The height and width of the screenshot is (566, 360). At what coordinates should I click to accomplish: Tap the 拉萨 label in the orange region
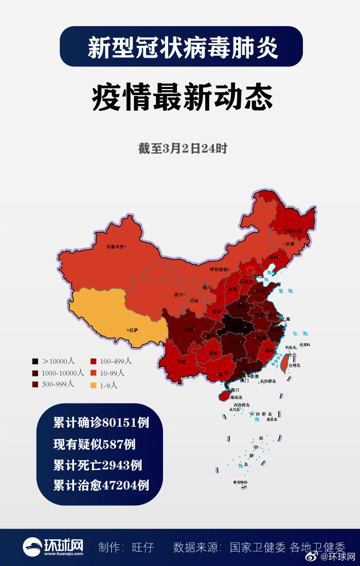tap(134, 330)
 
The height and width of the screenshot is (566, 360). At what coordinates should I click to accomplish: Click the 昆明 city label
tap(182, 362)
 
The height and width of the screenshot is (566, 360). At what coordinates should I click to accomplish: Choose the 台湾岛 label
tap(294, 365)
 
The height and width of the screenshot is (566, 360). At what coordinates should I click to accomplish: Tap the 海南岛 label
tap(236, 398)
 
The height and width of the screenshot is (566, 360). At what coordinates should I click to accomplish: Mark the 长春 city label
tap(290, 244)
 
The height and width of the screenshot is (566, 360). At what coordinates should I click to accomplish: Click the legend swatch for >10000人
tap(35, 361)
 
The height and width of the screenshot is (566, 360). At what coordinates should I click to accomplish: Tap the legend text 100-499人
tap(116, 361)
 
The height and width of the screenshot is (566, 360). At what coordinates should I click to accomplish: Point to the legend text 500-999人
tap(58, 384)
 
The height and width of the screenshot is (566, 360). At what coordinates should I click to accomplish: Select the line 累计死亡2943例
tap(97, 465)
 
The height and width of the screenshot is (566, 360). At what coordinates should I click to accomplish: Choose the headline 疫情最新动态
tap(182, 97)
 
